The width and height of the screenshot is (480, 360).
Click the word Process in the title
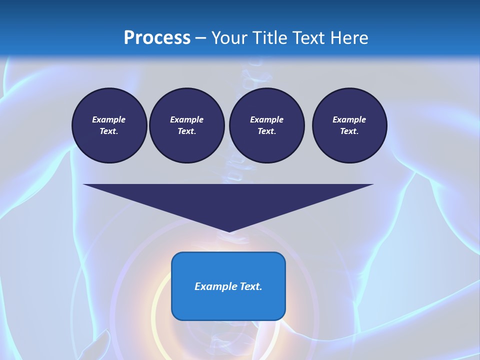157,38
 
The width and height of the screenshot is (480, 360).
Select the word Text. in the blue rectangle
250,286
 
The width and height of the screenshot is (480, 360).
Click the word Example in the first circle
108,119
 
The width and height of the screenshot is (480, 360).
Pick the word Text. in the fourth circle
349,131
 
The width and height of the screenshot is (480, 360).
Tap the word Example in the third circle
266,119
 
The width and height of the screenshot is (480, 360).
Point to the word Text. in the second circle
186,131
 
